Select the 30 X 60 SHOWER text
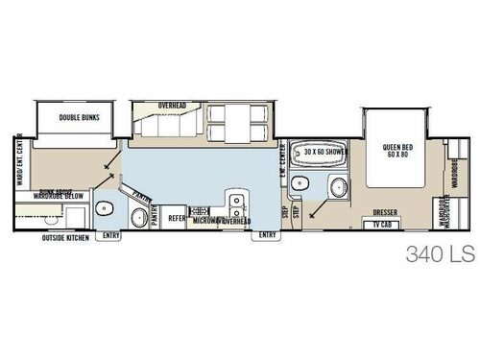326,152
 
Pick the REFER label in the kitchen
178,218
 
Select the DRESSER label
383,211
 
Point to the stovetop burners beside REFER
202,210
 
